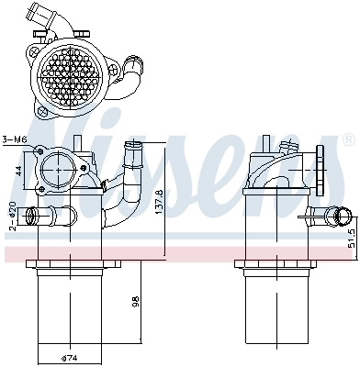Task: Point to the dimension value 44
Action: coord(17,171)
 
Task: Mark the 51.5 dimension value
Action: coord(353,241)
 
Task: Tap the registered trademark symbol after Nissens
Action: coord(347,139)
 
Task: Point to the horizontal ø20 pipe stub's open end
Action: coord(29,217)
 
